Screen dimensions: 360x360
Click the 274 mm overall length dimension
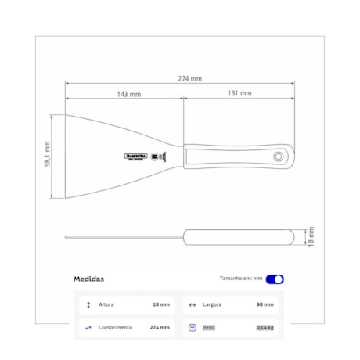click(189, 79)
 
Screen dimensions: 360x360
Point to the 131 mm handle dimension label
click(240, 94)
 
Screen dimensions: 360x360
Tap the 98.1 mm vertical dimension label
click(48, 157)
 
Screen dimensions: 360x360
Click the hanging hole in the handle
click(279, 156)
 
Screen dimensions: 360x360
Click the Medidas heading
click(88, 279)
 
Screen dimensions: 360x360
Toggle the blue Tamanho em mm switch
click(275, 279)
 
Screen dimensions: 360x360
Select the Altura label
click(107, 304)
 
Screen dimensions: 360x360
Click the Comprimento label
click(115, 327)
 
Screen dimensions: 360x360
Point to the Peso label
click(209, 327)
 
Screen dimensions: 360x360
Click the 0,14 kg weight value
click(265, 327)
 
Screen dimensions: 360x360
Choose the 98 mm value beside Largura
click(265, 304)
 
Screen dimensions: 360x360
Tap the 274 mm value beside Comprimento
click(160, 327)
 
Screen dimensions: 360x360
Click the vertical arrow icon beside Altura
click(88, 304)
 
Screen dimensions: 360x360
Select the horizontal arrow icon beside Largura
click(193, 304)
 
